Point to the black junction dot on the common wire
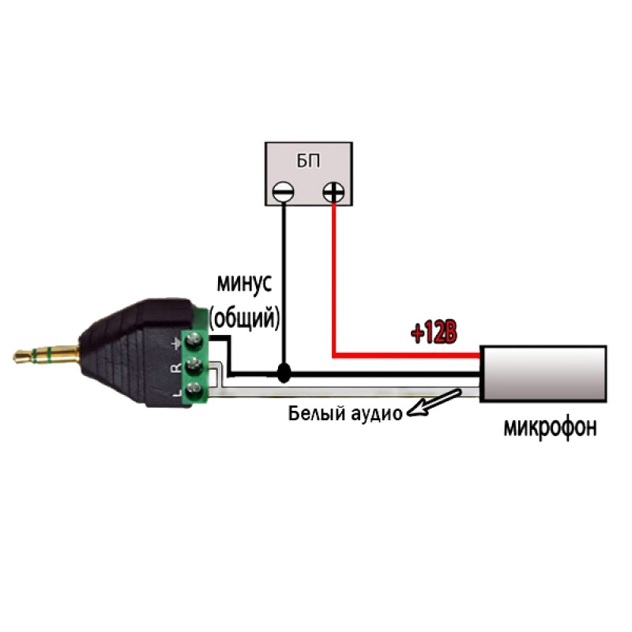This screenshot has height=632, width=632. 283,373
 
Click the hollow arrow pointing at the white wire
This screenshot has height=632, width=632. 438,400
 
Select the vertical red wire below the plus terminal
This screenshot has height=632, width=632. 334,276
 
